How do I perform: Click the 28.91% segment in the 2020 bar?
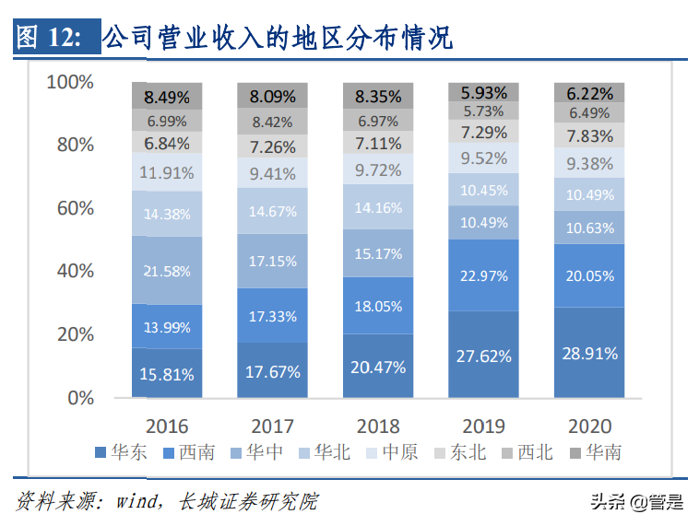click(x=589, y=353)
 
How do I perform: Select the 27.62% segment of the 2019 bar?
click(x=483, y=355)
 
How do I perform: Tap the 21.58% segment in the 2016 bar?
click(x=167, y=270)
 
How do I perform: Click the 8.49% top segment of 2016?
click(x=167, y=95)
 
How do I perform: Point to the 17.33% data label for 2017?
click(x=272, y=316)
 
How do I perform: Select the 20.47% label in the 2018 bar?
click(x=378, y=367)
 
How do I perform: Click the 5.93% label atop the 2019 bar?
click(x=483, y=91)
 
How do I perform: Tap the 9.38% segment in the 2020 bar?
click(x=589, y=163)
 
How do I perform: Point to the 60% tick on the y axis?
click(x=71, y=208)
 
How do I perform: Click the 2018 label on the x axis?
click(x=378, y=426)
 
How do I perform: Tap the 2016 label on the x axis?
click(x=167, y=426)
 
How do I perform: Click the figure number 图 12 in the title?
click(x=51, y=39)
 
